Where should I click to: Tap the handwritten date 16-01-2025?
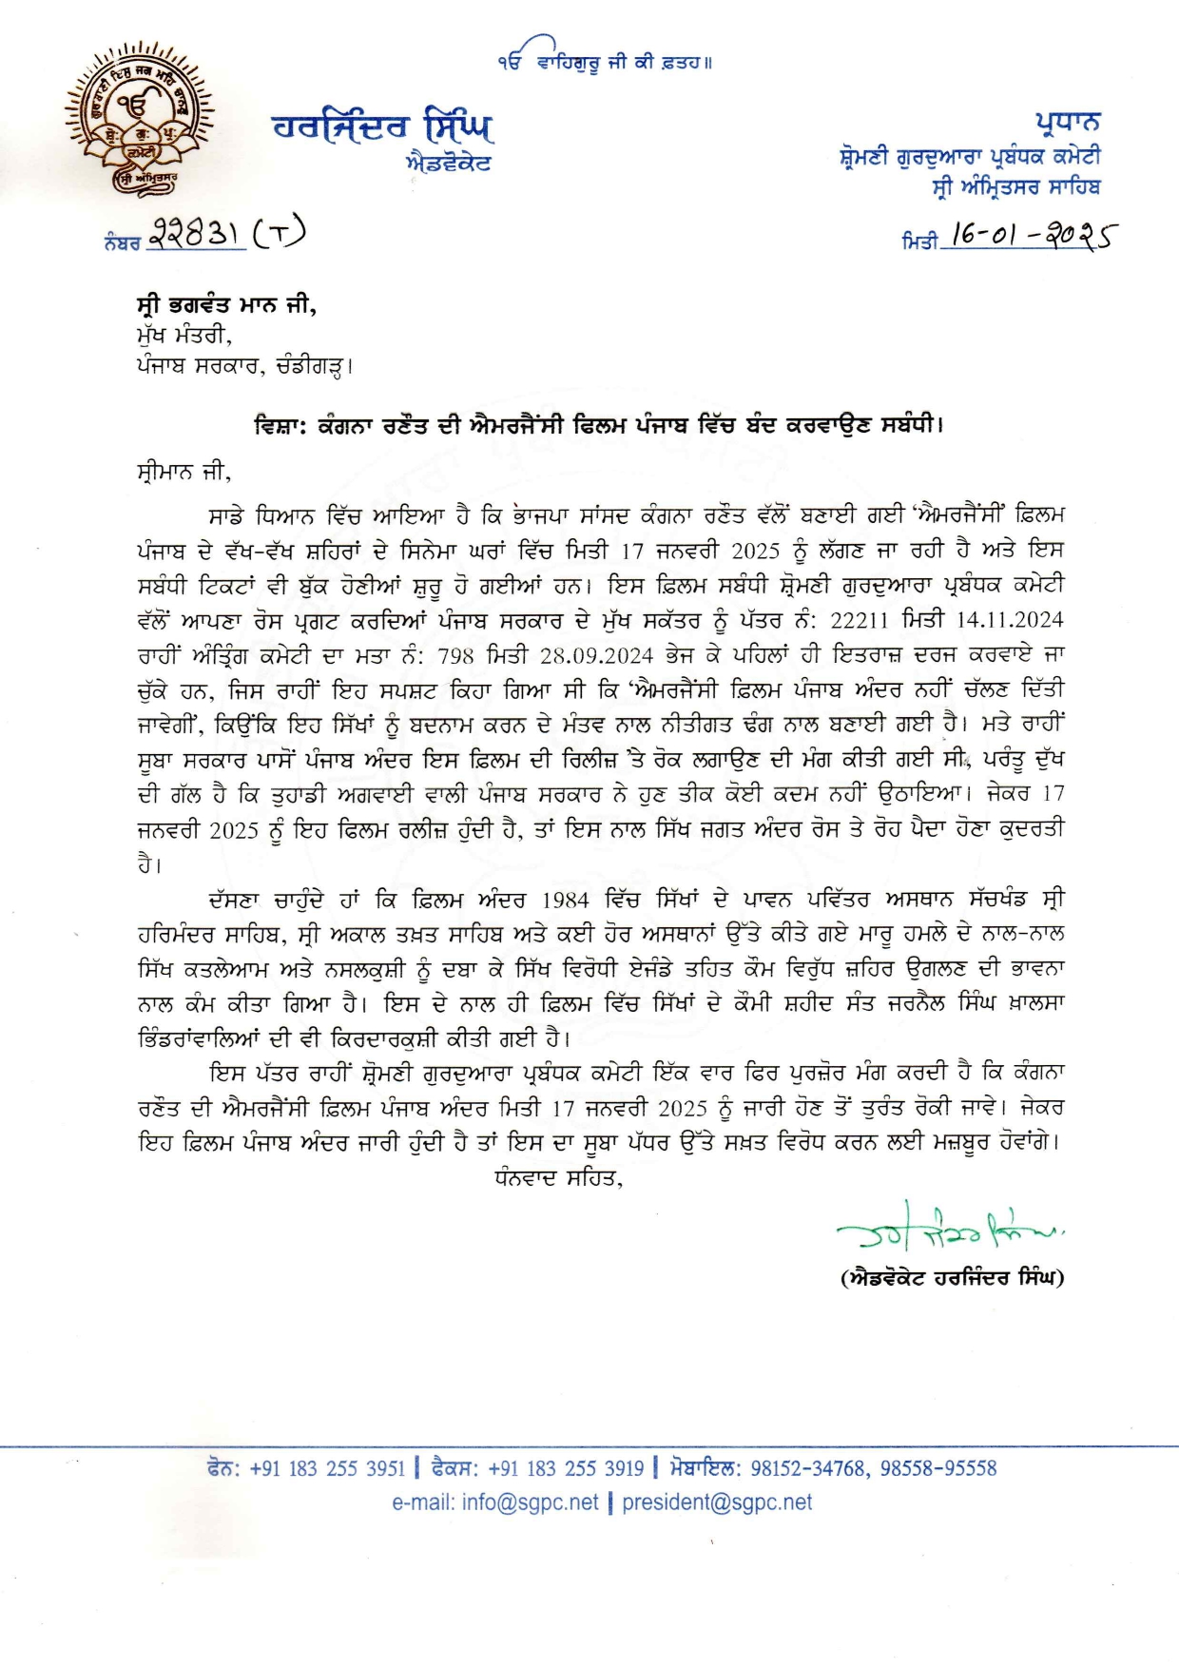pos(1032,235)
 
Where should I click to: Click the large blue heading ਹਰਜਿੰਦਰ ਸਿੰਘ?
pos(382,126)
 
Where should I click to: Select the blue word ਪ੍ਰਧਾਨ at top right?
pos(1068,123)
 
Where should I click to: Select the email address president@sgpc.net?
pos(717,1502)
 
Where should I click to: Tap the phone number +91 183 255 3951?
pos(327,1468)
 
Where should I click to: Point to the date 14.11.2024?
pos(1009,621)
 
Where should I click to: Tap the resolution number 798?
pos(455,656)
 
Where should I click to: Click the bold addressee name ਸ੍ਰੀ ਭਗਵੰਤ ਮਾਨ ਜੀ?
pos(226,305)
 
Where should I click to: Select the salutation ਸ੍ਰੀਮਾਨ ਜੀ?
pos(184,471)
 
